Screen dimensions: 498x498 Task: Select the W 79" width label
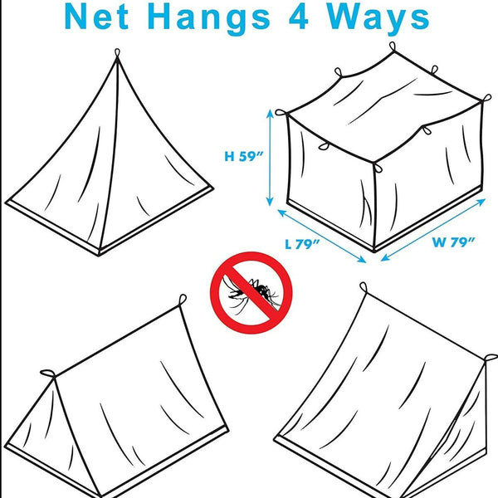point(452,242)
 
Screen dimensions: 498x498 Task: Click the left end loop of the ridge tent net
point(46,373)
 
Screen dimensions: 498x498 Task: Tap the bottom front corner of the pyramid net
point(100,252)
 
